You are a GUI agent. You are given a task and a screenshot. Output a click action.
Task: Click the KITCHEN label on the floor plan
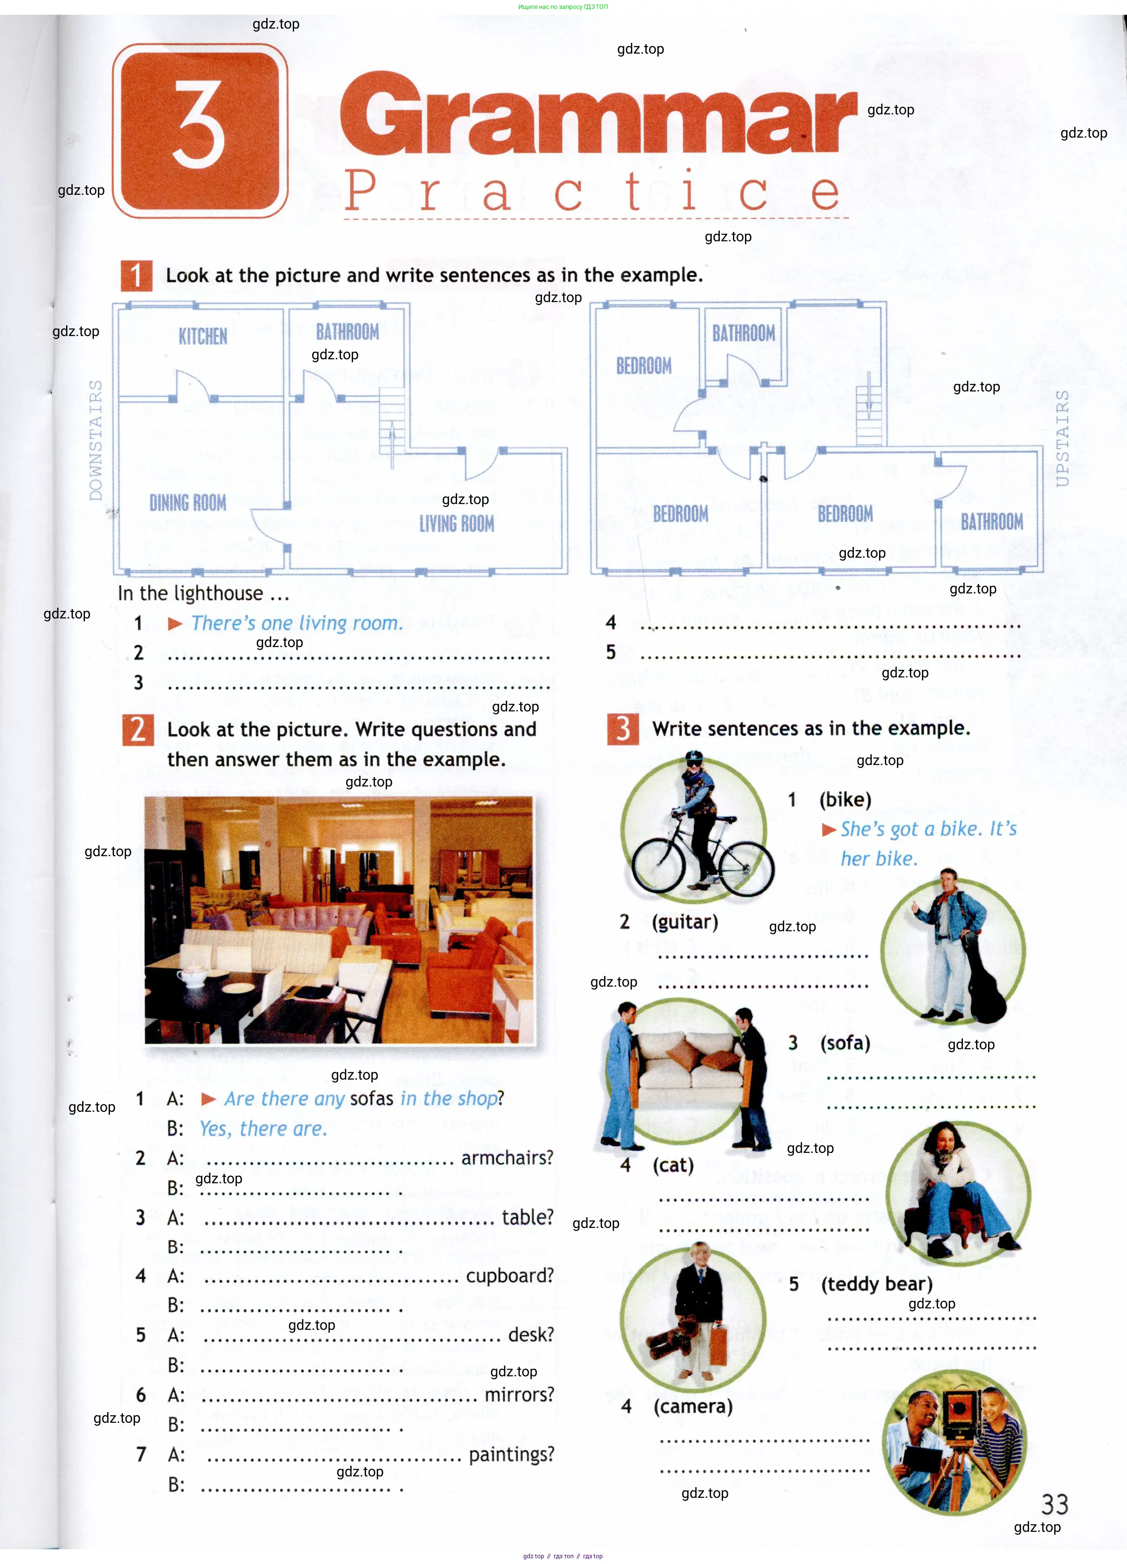203,336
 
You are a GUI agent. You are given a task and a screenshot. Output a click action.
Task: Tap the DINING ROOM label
188,503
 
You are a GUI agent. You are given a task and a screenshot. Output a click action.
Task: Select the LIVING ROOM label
457,523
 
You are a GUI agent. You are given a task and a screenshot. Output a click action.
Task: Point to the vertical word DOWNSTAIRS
96,440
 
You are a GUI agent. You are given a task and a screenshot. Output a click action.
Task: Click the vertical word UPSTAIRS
1062,438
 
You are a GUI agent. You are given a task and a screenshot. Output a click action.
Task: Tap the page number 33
1055,1504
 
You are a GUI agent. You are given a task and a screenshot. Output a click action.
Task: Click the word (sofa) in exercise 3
845,1042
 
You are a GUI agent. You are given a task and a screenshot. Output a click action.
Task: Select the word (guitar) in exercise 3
685,921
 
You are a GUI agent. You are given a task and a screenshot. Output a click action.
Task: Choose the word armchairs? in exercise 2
507,1157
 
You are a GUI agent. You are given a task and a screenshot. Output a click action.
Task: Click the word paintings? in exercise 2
511,1455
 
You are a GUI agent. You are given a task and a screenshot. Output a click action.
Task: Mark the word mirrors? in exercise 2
519,1394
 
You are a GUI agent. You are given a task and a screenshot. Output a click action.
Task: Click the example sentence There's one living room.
297,623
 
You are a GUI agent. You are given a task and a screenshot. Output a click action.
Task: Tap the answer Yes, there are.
263,1128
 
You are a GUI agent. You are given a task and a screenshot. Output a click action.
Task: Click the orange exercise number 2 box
138,730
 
